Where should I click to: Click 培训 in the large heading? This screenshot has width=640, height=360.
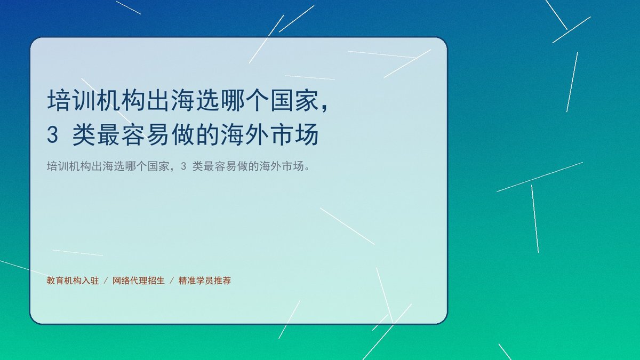pyautogui.click(x=71, y=100)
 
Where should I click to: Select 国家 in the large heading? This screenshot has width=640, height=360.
pyautogui.click(x=295, y=100)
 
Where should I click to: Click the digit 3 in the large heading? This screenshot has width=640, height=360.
pyautogui.click(x=53, y=135)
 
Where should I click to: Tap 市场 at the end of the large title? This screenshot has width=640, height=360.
pyautogui.click(x=294, y=135)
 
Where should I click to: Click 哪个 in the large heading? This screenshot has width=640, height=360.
pyautogui.click(x=233, y=100)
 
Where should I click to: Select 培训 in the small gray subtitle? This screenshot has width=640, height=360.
pyautogui.click(x=58, y=166)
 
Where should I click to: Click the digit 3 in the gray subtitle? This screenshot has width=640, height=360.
pyautogui.click(x=183, y=166)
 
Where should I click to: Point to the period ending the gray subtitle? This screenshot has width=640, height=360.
pyautogui.click(x=307, y=169)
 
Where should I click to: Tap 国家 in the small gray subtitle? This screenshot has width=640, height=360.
pyautogui.click(x=158, y=166)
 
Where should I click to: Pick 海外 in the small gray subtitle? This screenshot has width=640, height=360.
pyautogui.click(x=270, y=166)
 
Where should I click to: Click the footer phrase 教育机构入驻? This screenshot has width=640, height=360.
pyautogui.click(x=73, y=281)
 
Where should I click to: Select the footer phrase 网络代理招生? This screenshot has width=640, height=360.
pyautogui.click(x=139, y=281)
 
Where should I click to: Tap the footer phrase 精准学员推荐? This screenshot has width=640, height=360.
pyautogui.click(x=205, y=281)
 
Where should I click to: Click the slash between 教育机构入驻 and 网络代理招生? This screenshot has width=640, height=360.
pyautogui.click(x=106, y=281)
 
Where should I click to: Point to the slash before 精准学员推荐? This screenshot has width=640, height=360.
pyautogui.click(x=172, y=281)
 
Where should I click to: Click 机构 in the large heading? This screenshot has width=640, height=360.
pyautogui.click(x=121, y=100)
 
